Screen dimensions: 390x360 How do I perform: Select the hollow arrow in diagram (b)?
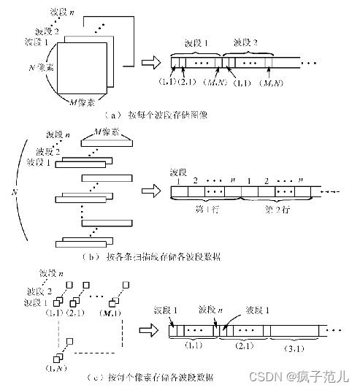click(x=151, y=192)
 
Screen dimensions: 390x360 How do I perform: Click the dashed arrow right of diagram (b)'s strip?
click(x=331, y=193)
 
